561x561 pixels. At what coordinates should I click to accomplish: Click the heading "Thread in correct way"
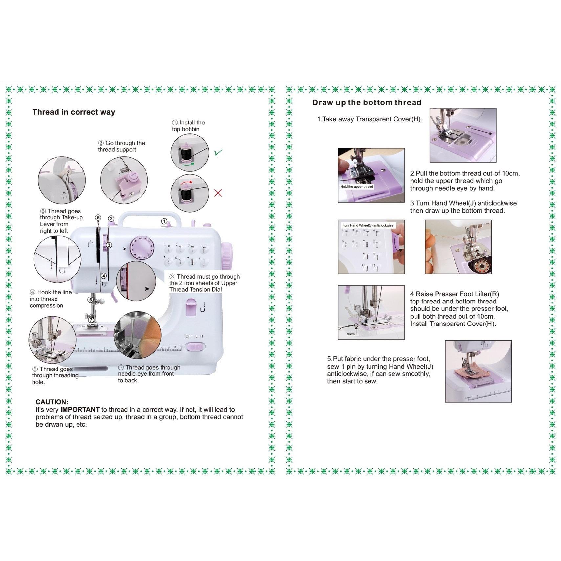(x=74, y=112)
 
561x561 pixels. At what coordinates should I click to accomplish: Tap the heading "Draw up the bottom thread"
(x=367, y=102)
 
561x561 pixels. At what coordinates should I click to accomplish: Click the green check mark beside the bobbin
(x=218, y=152)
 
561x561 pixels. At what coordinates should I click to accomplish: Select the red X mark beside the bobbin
(x=218, y=193)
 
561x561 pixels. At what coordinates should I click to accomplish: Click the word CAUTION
(x=52, y=402)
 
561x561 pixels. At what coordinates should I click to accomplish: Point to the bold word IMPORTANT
(x=80, y=410)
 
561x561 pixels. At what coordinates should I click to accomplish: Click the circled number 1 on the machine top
(x=164, y=221)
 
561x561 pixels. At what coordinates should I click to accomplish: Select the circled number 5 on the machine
(x=98, y=217)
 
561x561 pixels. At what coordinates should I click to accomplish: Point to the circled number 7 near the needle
(x=91, y=319)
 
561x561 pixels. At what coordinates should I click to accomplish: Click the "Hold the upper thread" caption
(x=357, y=187)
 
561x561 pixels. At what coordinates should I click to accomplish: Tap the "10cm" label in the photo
(x=350, y=334)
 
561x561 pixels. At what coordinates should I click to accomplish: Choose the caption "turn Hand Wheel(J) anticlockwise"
(x=368, y=225)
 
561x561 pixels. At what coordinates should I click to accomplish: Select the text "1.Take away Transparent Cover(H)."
(x=370, y=119)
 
